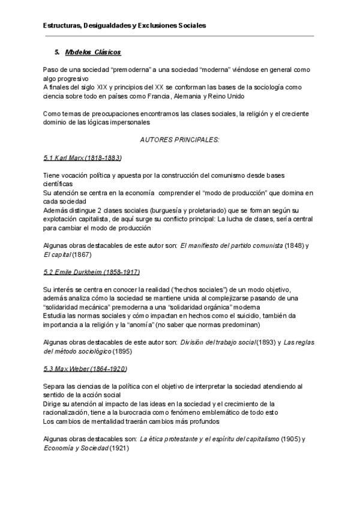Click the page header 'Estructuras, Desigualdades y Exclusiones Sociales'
coord(125,26)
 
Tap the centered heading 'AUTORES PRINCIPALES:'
coord(179,140)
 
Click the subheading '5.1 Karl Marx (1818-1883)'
coord(83,157)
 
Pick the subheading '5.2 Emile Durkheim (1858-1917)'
coord(91,272)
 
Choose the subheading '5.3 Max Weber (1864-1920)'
coord(85,368)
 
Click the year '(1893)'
coord(266,342)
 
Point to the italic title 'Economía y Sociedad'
coord(76,448)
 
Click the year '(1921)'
coord(120,448)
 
